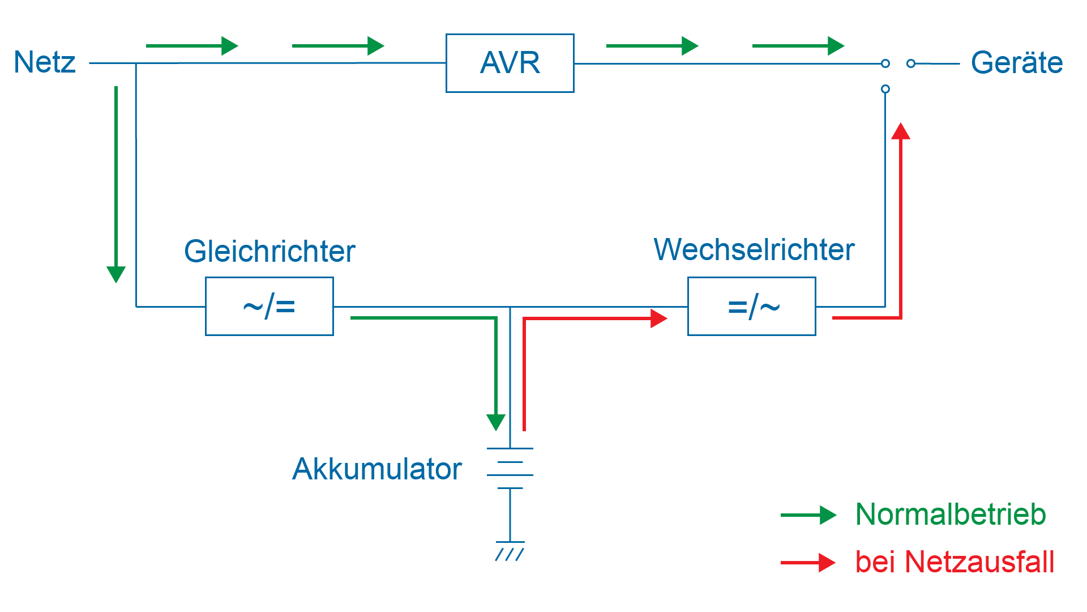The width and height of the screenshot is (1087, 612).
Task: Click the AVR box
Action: [x=510, y=63]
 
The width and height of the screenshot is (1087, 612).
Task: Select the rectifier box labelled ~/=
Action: [x=269, y=307]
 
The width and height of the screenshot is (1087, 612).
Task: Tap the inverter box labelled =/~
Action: [x=751, y=307]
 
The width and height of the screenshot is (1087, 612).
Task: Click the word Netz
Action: [x=45, y=62]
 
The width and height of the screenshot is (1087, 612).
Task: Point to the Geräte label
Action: [x=1016, y=62]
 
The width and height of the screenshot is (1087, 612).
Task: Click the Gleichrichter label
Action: [x=269, y=251]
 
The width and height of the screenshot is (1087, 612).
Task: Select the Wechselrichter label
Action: [x=754, y=249]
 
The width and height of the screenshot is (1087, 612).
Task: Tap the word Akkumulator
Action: [x=377, y=469]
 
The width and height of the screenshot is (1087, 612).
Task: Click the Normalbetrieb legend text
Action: [x=951, y=515]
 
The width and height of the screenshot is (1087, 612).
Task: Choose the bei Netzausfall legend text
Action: [x=955, y=562]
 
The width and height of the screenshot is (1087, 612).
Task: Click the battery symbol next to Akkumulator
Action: [x=510, y=468]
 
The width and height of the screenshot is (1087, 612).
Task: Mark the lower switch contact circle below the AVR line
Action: [x=885, y=89]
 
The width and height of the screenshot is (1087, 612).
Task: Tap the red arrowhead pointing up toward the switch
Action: [x=900, y=131]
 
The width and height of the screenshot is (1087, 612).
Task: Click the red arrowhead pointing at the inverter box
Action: [x=659, y=318]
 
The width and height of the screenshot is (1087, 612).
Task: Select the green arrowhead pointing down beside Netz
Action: [x=116, y=274]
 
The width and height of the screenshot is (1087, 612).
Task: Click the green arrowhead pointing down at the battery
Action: [x=496, y=422]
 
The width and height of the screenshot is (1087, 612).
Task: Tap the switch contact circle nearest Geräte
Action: [x=911, y=63]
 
